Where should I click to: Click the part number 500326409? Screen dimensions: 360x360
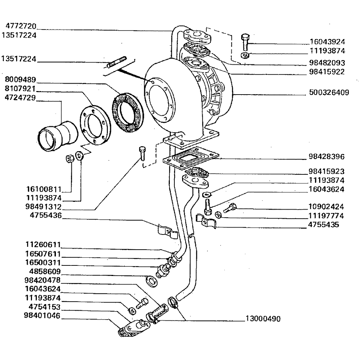click(x=329, y=93)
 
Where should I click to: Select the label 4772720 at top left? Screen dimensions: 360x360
click(x=21, y=26)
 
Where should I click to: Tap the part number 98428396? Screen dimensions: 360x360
click(x=326, y=157)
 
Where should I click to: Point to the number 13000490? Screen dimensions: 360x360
click(x=262, y=320)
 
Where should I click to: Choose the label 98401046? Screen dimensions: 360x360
click(x=42, y=316)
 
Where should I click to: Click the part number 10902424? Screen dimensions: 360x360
click(x=326, y=207)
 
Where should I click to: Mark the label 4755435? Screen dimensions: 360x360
click(x=323, y=225)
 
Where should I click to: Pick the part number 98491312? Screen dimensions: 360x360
click(x=44, y=207)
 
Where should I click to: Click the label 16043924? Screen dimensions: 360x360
click(x=327, y=41)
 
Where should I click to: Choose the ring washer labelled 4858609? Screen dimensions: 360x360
click(x=152, y=281)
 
